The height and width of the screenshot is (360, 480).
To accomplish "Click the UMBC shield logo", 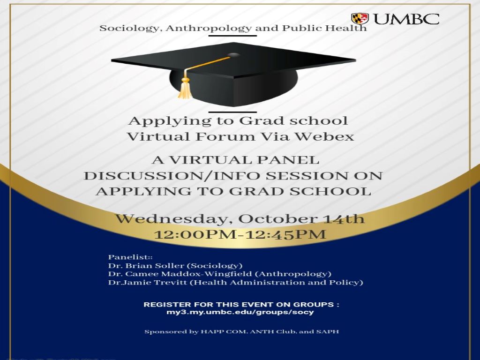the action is (x=360, y=19).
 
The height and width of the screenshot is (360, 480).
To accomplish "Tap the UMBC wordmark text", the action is (x=406, y=19).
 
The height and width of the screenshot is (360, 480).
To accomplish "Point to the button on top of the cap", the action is (x=234, y=55).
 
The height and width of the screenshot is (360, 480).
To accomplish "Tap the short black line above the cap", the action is (x=232, y=36).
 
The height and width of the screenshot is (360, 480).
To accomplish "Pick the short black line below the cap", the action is (x=232, y=112).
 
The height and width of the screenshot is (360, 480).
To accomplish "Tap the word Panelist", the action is (x=128, y=257).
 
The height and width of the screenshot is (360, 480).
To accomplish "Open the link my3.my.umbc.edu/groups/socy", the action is (x=240, y=313).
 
